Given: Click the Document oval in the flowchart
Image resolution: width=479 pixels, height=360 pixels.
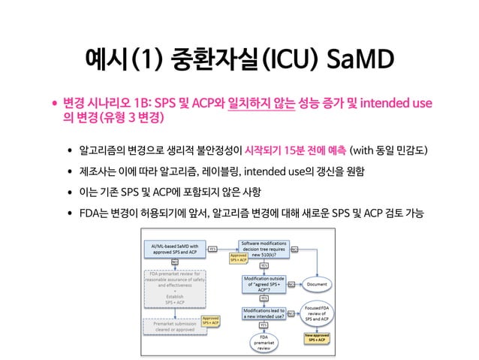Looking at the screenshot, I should [x=316, y=286].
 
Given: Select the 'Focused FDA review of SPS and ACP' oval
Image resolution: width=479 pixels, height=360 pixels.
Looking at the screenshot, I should [x=316, y=316].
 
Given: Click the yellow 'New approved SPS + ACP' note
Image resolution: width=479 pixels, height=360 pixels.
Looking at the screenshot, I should [x=316, y=340].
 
